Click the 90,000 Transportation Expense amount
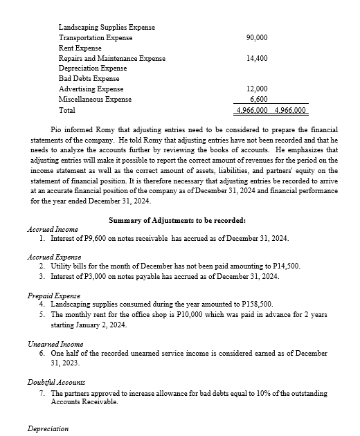coord(258,37)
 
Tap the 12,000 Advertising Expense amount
coord(258,89)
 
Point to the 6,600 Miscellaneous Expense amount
coord(259,100)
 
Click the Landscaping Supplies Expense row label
coord(107,27)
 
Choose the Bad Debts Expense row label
coord(89,79)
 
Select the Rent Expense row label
coord(80,48)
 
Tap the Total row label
coord(67,110)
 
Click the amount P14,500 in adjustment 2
coord(286,265)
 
